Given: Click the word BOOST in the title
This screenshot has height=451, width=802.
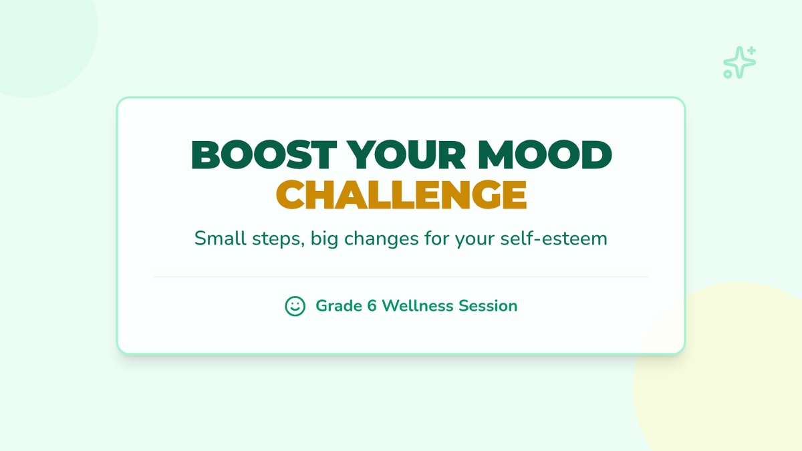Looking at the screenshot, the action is pyautogui.click(x=264, y=154).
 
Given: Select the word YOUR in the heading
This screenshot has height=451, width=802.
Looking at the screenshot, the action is pyautogui.click(x=406, y=154).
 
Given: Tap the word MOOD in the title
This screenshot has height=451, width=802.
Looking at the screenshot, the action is pyautogui.click(x=545, y=154).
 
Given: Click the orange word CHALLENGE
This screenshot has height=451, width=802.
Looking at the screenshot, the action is pyautogui.click(x=401, y=194).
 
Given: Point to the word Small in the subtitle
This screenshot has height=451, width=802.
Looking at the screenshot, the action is pyautogui.click(x=220, y=238).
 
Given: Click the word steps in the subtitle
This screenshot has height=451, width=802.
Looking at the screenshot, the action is pyautogui.click(x=278, y=239).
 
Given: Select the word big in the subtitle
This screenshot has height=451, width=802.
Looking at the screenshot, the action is pyautogui.click(x=324, y=239).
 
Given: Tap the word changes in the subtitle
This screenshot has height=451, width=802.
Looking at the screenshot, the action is pyautogui.click(x=382, y=239).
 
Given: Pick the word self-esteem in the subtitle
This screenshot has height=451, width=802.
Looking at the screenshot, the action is pyautogui.click(x=553, y=238).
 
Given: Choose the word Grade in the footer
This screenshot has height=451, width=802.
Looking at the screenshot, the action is pyautogui.click(x=339, y=306).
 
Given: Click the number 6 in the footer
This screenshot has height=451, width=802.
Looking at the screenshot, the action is pyautogui.click(x=372, y=306).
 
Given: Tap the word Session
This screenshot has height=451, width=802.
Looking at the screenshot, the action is pyautogui.click(x=488, y=306).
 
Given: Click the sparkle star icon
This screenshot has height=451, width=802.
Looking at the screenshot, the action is pyautogui.click(x=739, y=63).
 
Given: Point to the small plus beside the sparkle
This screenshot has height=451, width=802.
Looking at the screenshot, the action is pyautogui.click(x=752, y=51).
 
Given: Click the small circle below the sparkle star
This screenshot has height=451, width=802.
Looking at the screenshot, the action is pyautogui.click(x=728, y=74).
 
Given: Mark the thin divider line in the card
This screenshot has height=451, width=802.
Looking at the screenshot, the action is pyautogui.click(x=401, y=277).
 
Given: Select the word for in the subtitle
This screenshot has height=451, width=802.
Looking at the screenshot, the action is pyautogui.click(x=437, y=238).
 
